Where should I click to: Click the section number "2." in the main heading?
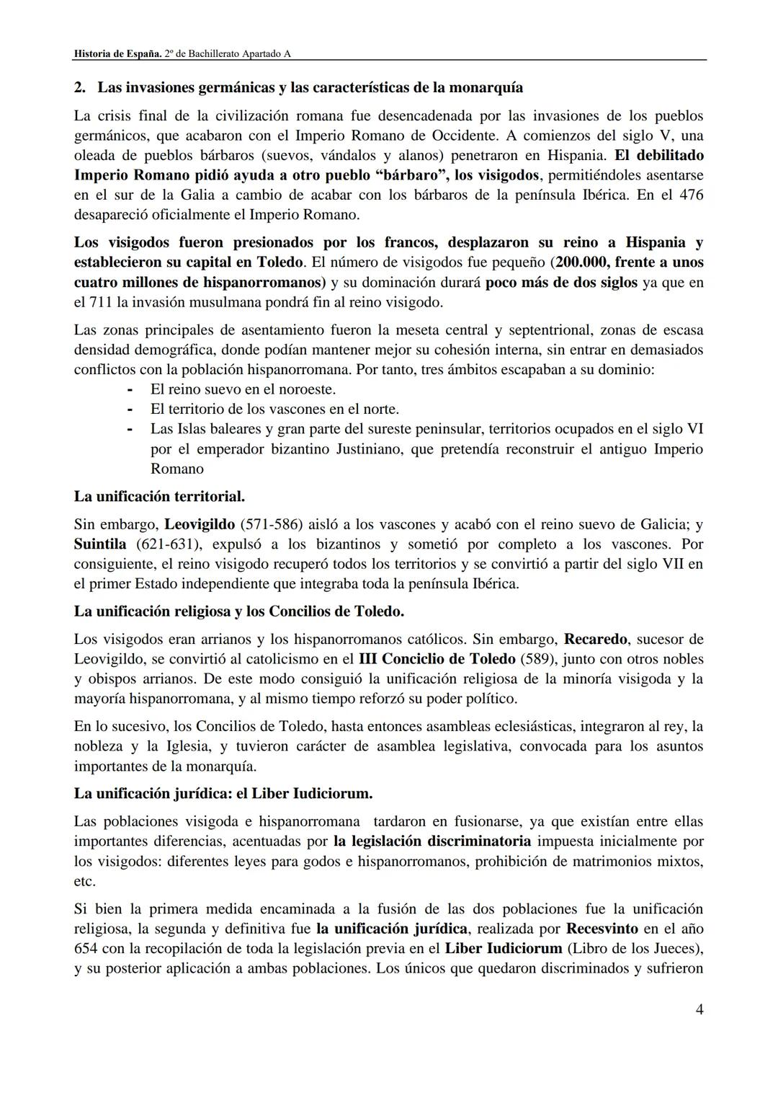click(x=81, y=88)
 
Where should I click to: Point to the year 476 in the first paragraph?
click(x=691, y=195)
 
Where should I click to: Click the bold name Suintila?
click(x=100, y=544)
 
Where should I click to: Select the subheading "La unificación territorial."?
click(x=159, y=497)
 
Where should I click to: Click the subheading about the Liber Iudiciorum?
click(x=223, y=794)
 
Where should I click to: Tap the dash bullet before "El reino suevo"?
click(x=130, y=389)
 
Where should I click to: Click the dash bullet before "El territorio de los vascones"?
click(x=130, y=410)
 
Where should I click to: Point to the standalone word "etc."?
click(x=85, y=881)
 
